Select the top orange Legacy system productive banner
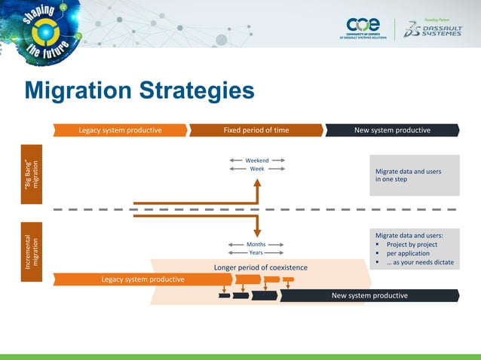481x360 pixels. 121,130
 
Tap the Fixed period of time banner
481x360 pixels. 256,130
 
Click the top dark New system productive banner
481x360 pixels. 392,130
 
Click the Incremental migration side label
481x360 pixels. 31,252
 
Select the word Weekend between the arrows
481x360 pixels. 256,160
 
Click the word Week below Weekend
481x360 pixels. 256,169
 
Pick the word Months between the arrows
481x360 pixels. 256,245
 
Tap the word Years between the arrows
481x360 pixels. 256,253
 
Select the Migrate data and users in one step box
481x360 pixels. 414,175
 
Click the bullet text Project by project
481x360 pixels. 412,245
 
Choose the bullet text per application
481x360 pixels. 408,254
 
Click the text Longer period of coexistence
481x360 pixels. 261,267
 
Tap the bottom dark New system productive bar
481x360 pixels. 369,295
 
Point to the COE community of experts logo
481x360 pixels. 364,29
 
